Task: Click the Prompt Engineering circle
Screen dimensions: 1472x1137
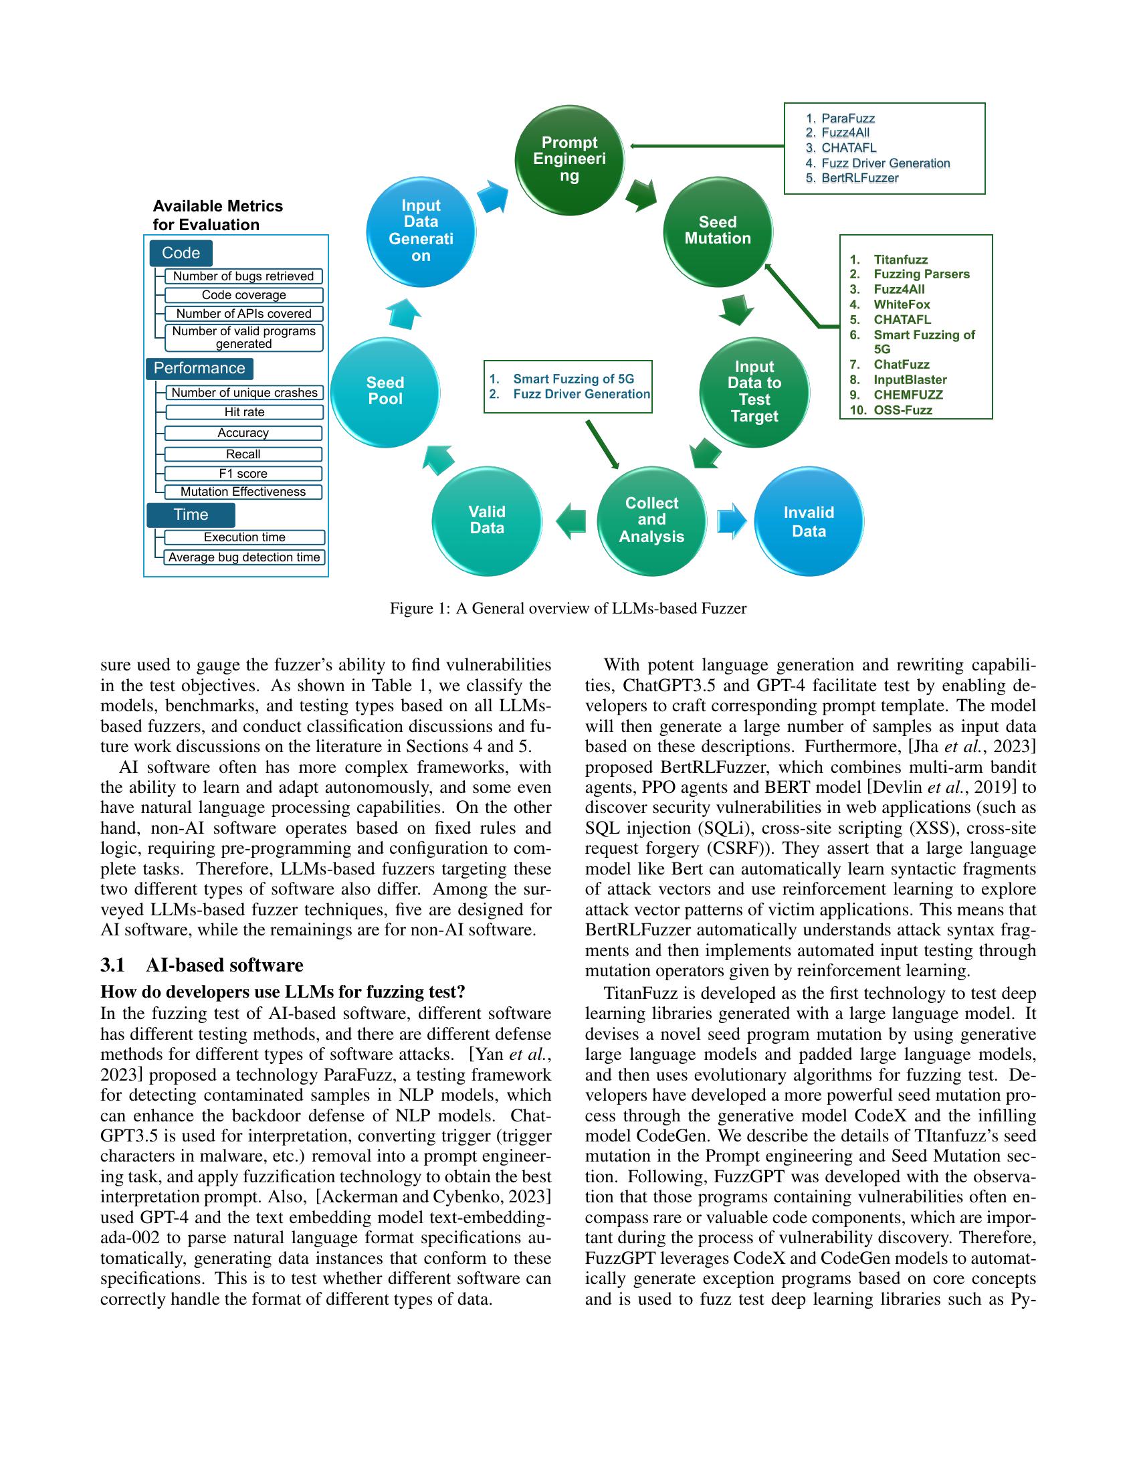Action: (569, 160)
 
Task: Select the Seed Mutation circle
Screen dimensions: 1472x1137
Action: (718, 231)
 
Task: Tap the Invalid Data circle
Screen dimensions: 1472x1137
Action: (809, 522)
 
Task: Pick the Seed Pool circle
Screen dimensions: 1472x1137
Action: (385, 391)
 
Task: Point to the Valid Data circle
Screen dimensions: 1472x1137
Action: (487, 521)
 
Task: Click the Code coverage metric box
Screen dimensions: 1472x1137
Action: (244, 295)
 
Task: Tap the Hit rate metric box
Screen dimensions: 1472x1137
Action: (244, 411)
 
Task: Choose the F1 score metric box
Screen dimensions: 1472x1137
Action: (243, 474)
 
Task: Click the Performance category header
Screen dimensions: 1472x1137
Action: (199, 369)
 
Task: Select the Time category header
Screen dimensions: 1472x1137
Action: (191, 515)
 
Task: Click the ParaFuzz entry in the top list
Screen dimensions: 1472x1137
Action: (847, 118)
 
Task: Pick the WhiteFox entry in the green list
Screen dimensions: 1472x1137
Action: (902, 304)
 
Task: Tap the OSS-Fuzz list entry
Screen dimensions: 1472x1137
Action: (903, 409)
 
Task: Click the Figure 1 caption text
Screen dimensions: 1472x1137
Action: (568, 609)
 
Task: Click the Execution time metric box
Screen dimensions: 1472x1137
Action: (245, 537)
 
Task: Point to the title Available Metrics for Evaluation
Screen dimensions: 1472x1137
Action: (217, 215)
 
